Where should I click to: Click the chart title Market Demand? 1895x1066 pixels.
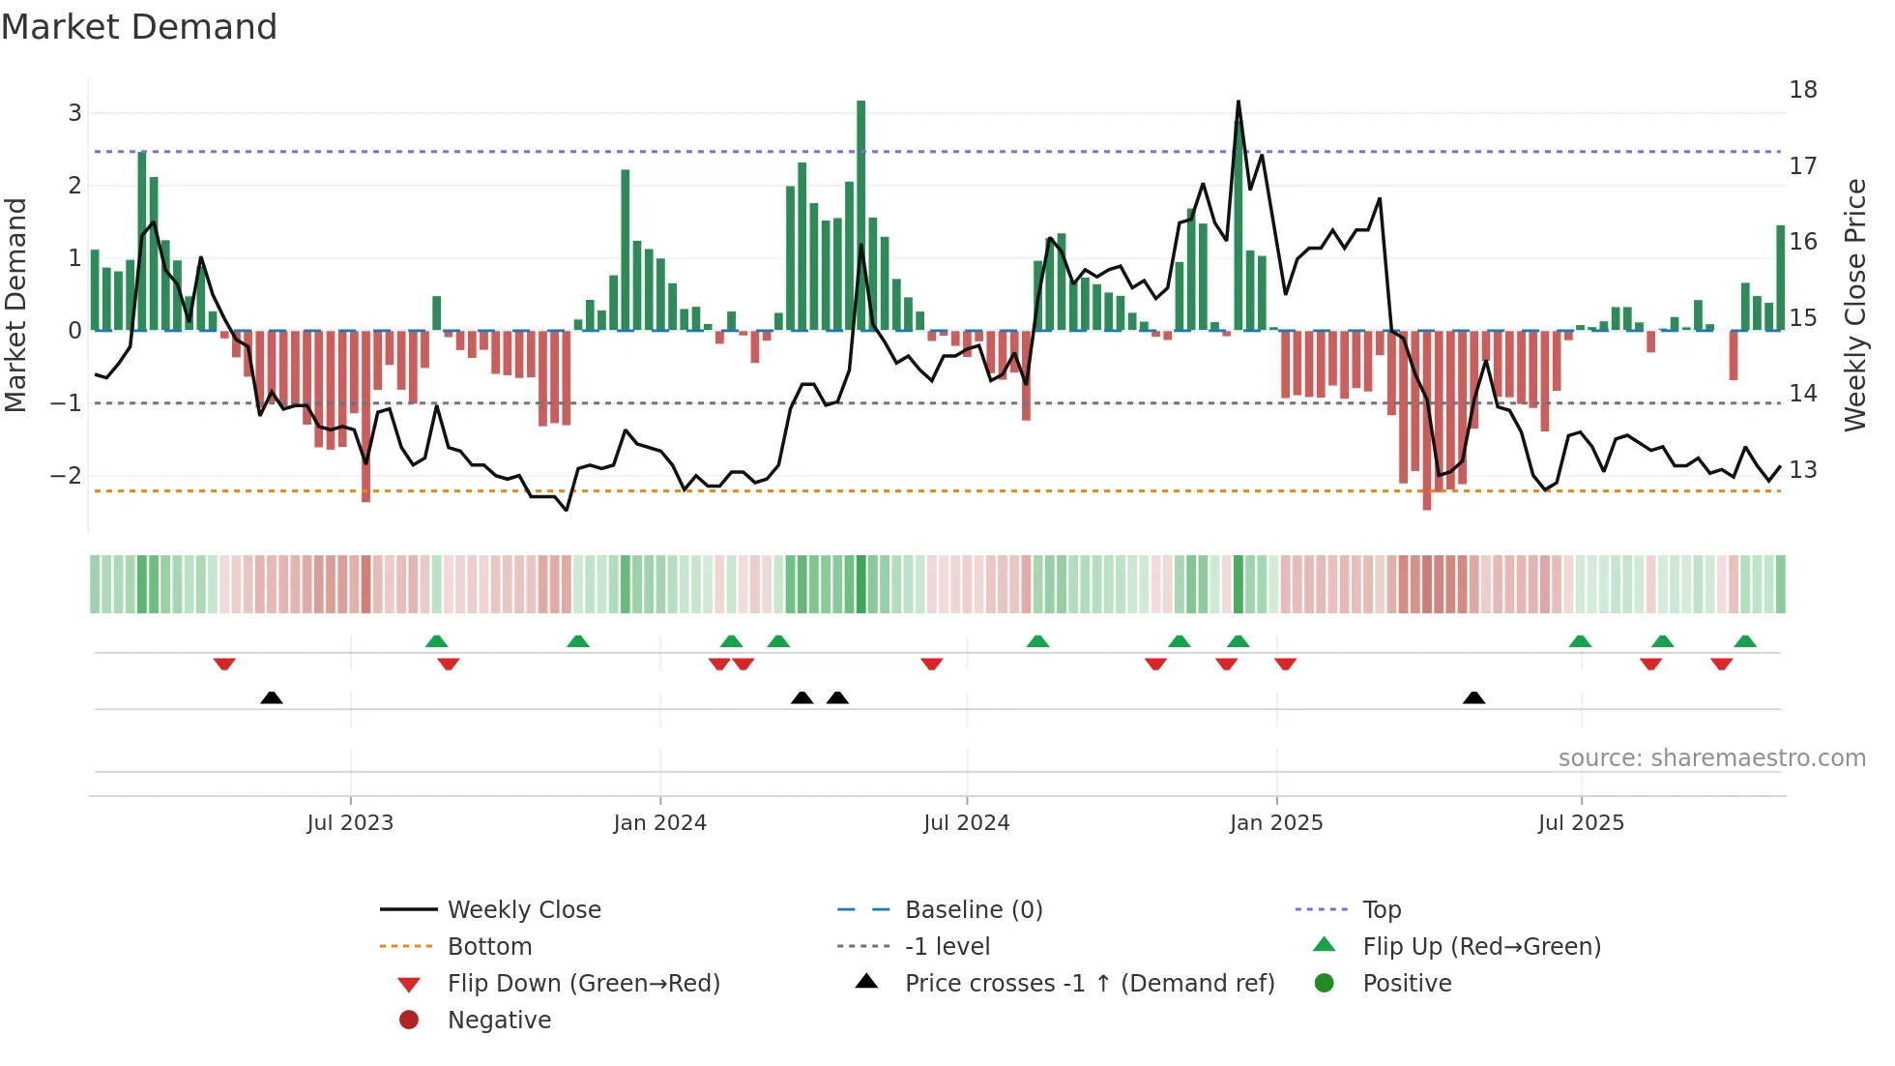pyautogui.click(x=139, y=27)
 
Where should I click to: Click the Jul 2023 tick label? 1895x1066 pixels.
pyautogui.click(x=350, y=823)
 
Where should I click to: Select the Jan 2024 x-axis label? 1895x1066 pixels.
pyautogui.click(x=659, y=823)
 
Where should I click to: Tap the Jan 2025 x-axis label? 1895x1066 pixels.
pyautogui.click(x=1275, y=823)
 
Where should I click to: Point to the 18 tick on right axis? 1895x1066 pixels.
pyautogui.click(x=1802, y=90)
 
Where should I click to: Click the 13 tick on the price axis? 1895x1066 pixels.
pyautogui.click(x=1802, y=470)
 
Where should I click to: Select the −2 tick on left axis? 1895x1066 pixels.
pyautogui.click(x=66, y=475)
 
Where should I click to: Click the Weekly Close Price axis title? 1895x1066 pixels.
pyautogui.click(x=1854, y=305)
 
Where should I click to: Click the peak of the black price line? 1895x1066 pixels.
pyautogui.click(x=1239, y=103)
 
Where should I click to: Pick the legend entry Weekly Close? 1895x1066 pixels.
pyautogui.click(x=523, y=910)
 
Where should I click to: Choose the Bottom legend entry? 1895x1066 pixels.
pyautogui.click(x=489, y=947)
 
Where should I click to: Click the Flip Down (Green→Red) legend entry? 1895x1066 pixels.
pyautogui.click(x=583, y=984)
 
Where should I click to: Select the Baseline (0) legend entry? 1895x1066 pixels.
pyautogui.click(x=973, y=910)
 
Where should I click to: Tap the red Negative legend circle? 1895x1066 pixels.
pyautogui.click(x=409, y=1021)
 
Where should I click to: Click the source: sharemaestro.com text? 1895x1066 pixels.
pyautogui.click(x=1711, y=758)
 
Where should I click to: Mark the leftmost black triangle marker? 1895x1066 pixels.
pyautogui.click(x=272, y=698)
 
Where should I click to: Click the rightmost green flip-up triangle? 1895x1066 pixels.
pyautogui.click(x=1745, y=641)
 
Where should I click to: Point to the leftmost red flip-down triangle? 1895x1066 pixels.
pyautogui.click(x=224, y=664)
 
